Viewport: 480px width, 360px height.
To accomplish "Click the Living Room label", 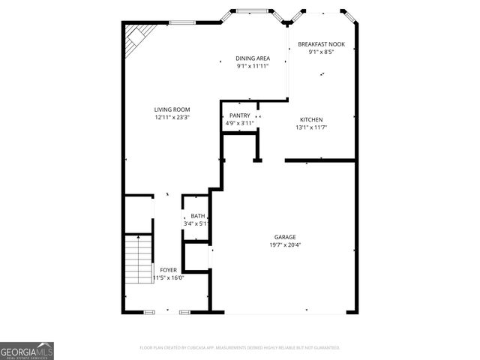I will pyautogui.click(x=172, y=109).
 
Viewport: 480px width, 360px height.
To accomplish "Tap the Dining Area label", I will pyautogui.click(x=252, y=58).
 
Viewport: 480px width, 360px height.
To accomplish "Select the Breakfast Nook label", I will pyautogui.click(x=320, y=44).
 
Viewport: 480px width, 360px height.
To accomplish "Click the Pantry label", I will pyautogui.click(x=240, y=115).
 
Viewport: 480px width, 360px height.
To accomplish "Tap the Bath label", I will pyautogui.click(x=196, y=216).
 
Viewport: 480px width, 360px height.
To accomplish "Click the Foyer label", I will pyautogui.click(x=168, y=270).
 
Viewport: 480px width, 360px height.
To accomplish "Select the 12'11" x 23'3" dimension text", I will pyautogui.click(x=172, y=118).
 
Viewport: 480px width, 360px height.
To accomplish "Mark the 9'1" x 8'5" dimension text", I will pyautogui.click(x=320, y=52).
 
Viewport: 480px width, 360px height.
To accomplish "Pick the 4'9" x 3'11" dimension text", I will pyautogui.click(x=240, y=123).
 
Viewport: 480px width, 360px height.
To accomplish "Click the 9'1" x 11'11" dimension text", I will pyautogui.click(x=252, y=66).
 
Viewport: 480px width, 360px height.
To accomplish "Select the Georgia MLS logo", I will pyautogui.click(x=27, y=350).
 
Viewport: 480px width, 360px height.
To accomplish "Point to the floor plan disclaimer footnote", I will pyautogui.click(x=240, y=348).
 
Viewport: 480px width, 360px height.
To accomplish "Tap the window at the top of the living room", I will pyautogui.click(x=182, y=22).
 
